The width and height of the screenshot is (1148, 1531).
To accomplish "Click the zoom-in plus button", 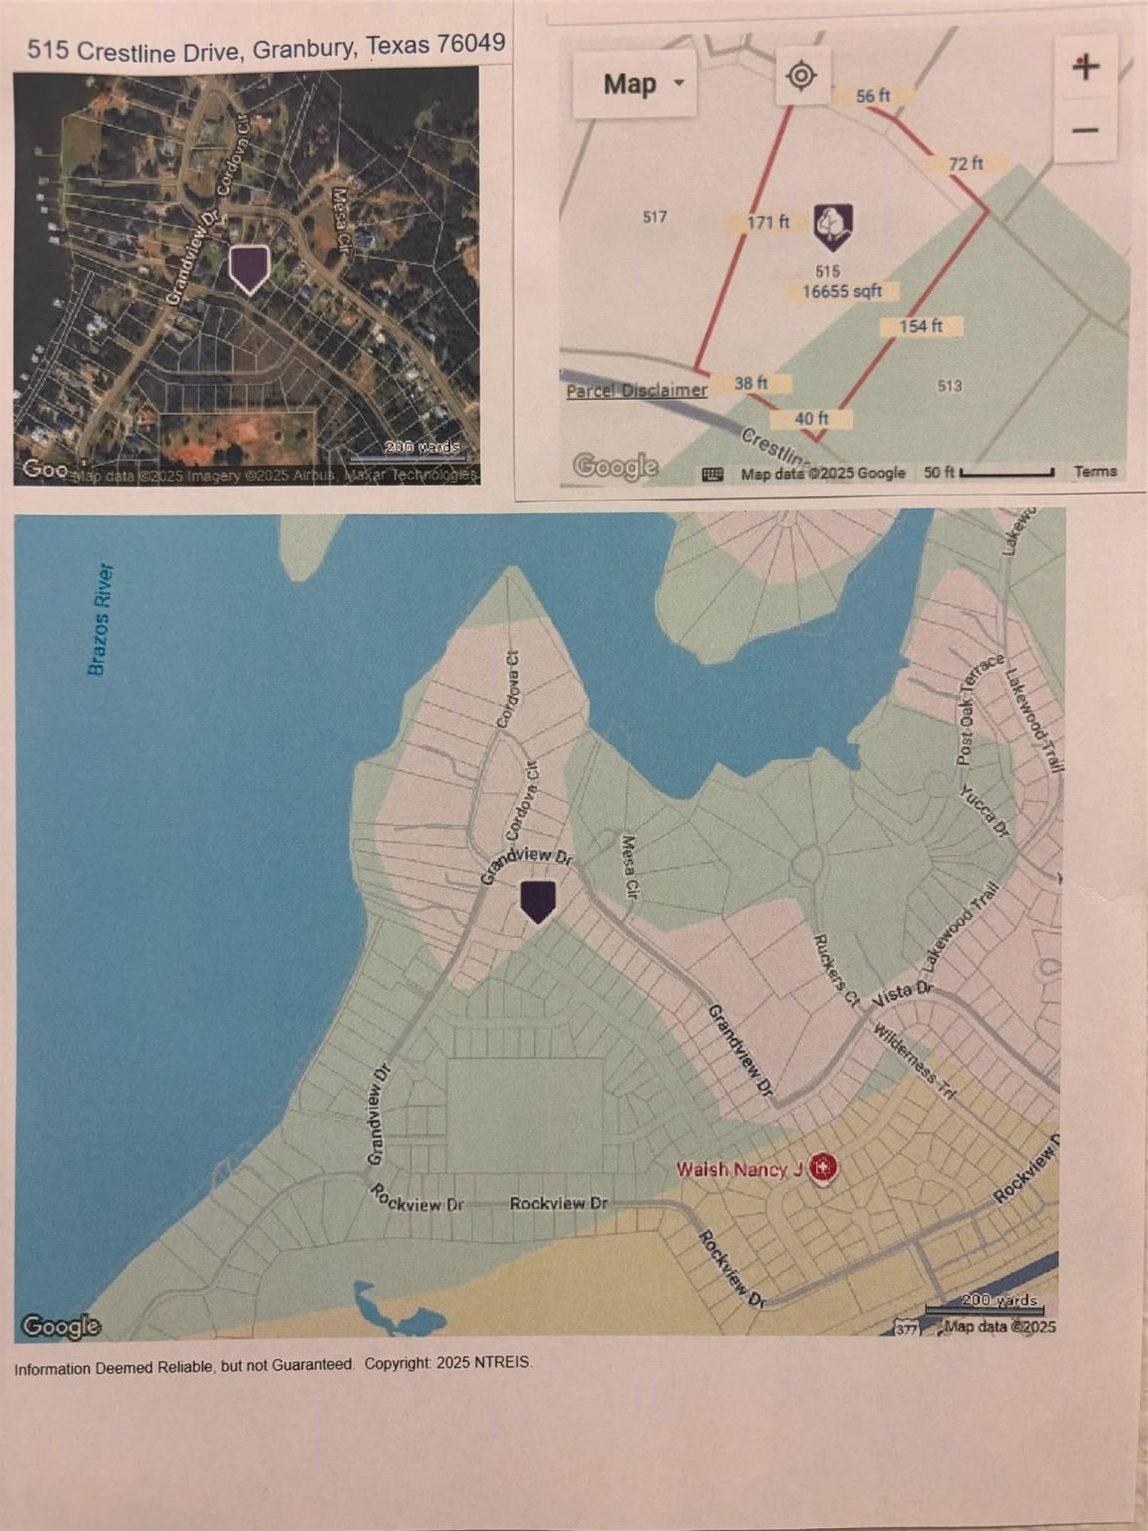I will click(1085, 67).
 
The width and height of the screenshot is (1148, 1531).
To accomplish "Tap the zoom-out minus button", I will click(1085, 130).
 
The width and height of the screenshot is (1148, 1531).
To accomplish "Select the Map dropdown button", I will click(634, 84).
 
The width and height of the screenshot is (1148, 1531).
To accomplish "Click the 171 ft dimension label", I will click(768, 221).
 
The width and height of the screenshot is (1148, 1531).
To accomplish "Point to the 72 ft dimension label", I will click(965, 162).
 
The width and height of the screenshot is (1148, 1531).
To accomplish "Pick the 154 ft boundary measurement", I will click(920, 326).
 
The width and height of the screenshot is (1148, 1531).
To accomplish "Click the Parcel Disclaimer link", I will click(637, 390).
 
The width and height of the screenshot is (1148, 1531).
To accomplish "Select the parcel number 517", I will click(655, 216).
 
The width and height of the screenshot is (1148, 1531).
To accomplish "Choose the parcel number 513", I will click(950, 385).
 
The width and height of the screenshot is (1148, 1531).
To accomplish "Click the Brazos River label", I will click(101, 619).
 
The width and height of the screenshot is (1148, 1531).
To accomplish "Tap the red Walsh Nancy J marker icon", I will click(822, 1166).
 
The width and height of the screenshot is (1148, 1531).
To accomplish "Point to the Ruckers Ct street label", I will click(834, 971).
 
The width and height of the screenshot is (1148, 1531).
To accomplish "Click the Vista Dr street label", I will click(903, 993).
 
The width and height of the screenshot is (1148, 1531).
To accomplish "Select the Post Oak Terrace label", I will click(980, 710).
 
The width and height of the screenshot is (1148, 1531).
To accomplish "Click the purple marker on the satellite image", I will click(249, 268).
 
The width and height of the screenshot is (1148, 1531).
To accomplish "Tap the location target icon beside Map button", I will click(801, 75).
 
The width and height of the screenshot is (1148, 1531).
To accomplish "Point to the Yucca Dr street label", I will click(984, 810).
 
